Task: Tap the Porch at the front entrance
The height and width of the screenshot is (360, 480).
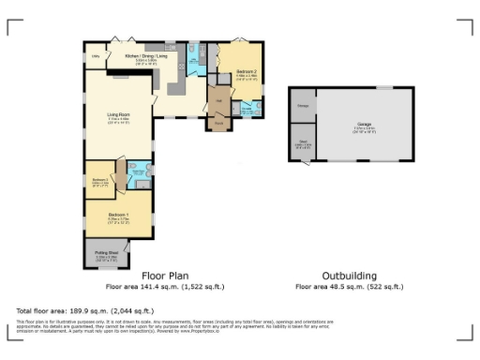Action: (x=219, y=124)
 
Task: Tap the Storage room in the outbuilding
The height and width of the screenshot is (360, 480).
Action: (x=304, y=106)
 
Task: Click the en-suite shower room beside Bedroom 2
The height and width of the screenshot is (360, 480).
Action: (x=247, y=109)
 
